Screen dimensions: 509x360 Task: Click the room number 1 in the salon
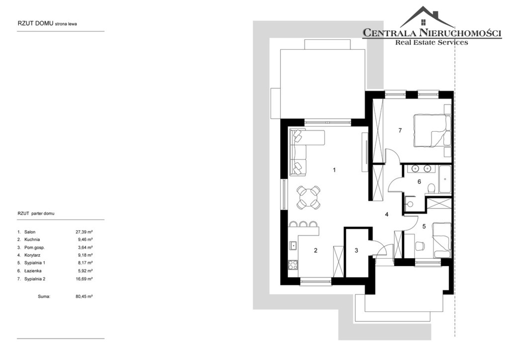[x=334, y=170]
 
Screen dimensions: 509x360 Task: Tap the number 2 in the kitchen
[x=316, y=250]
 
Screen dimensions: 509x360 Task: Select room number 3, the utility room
[x=356, y=250]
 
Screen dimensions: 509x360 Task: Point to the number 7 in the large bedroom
[x=400, y=130]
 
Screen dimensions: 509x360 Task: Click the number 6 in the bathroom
[x=419, y=181]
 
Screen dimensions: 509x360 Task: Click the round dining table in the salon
[x=308, y=197]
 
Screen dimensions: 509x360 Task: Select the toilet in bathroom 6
[x=431, y=188]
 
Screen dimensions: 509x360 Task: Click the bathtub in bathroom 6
[x=444, y=180]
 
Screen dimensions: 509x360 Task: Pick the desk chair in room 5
[x=420, y=246]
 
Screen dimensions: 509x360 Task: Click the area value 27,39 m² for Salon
[x=84, y=232]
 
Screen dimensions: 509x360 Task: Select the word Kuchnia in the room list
[x=32, y=240]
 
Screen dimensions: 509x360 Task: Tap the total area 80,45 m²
[x=84, y=296]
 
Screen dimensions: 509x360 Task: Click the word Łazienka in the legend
[x=33, y=270]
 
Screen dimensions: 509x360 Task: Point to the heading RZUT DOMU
[x=36, y=23]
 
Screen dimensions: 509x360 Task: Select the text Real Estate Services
[x=431, y=42]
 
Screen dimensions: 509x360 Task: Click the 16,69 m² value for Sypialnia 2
[x=84, y=279]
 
